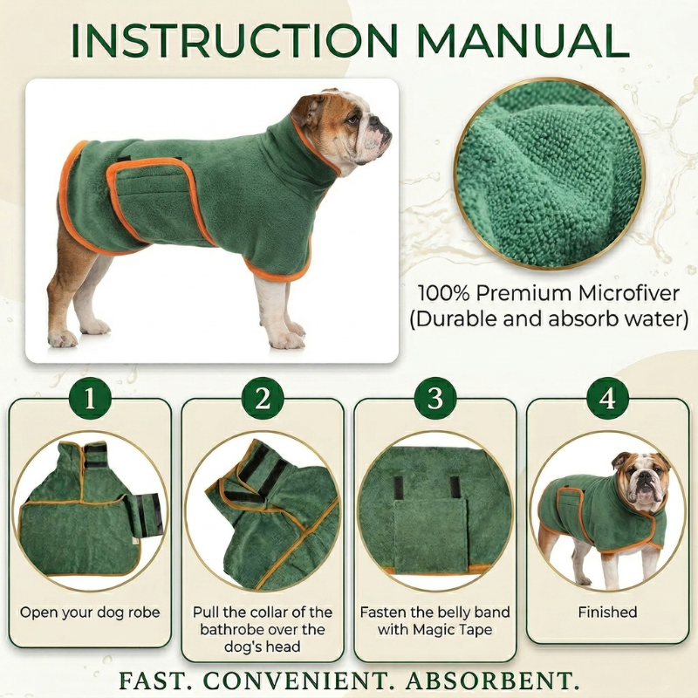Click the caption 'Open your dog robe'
coord(90,612)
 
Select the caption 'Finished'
coord(607,612)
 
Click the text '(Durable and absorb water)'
coord(549,318)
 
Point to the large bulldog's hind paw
coord(63,339)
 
